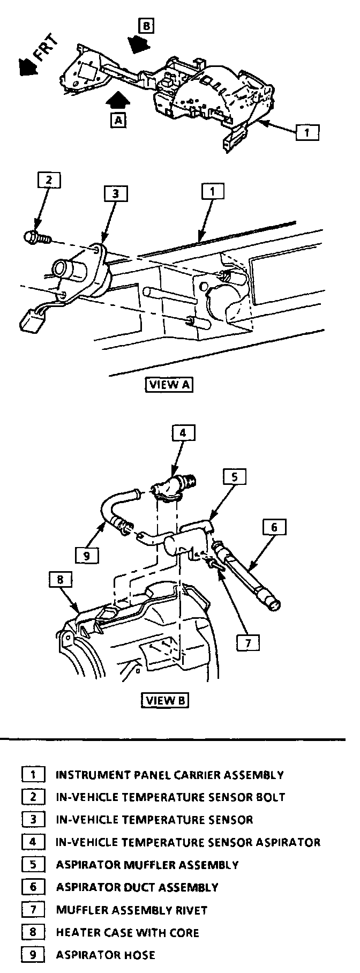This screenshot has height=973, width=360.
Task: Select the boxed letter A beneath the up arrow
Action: [x=118, y=120]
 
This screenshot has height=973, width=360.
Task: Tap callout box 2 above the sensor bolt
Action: [x=49, y=180]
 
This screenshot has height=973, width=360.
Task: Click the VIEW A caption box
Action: [x=169, y=385]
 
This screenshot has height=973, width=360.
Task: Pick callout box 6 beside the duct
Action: [x=274, y=527]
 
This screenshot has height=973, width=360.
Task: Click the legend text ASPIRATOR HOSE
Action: [x=106, y=955]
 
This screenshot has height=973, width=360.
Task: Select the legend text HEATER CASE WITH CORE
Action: [x=127, y=932]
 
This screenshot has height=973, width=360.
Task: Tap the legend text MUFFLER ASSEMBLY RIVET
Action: [x=132, y=910]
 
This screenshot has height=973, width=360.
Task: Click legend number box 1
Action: [x=33, y=775]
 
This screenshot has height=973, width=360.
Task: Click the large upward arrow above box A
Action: [x=118, y=100]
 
